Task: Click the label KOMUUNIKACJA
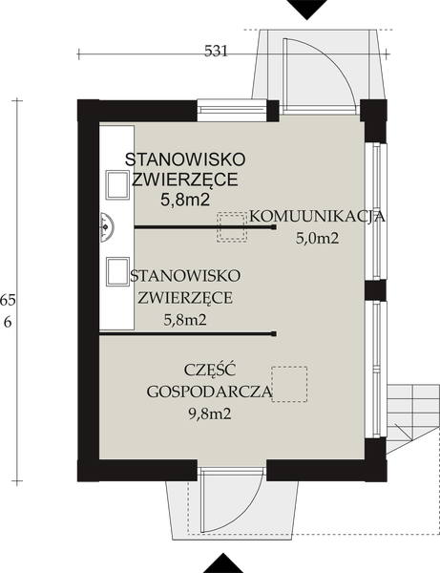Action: [317, 217]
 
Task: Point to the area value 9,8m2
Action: [209, 414]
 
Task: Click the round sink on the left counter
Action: [107, 225]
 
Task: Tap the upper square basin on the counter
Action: [115, 181]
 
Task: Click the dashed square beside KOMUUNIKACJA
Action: [232, 226]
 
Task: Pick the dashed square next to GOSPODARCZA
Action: [288, 384]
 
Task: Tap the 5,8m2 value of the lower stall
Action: [185, 319]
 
